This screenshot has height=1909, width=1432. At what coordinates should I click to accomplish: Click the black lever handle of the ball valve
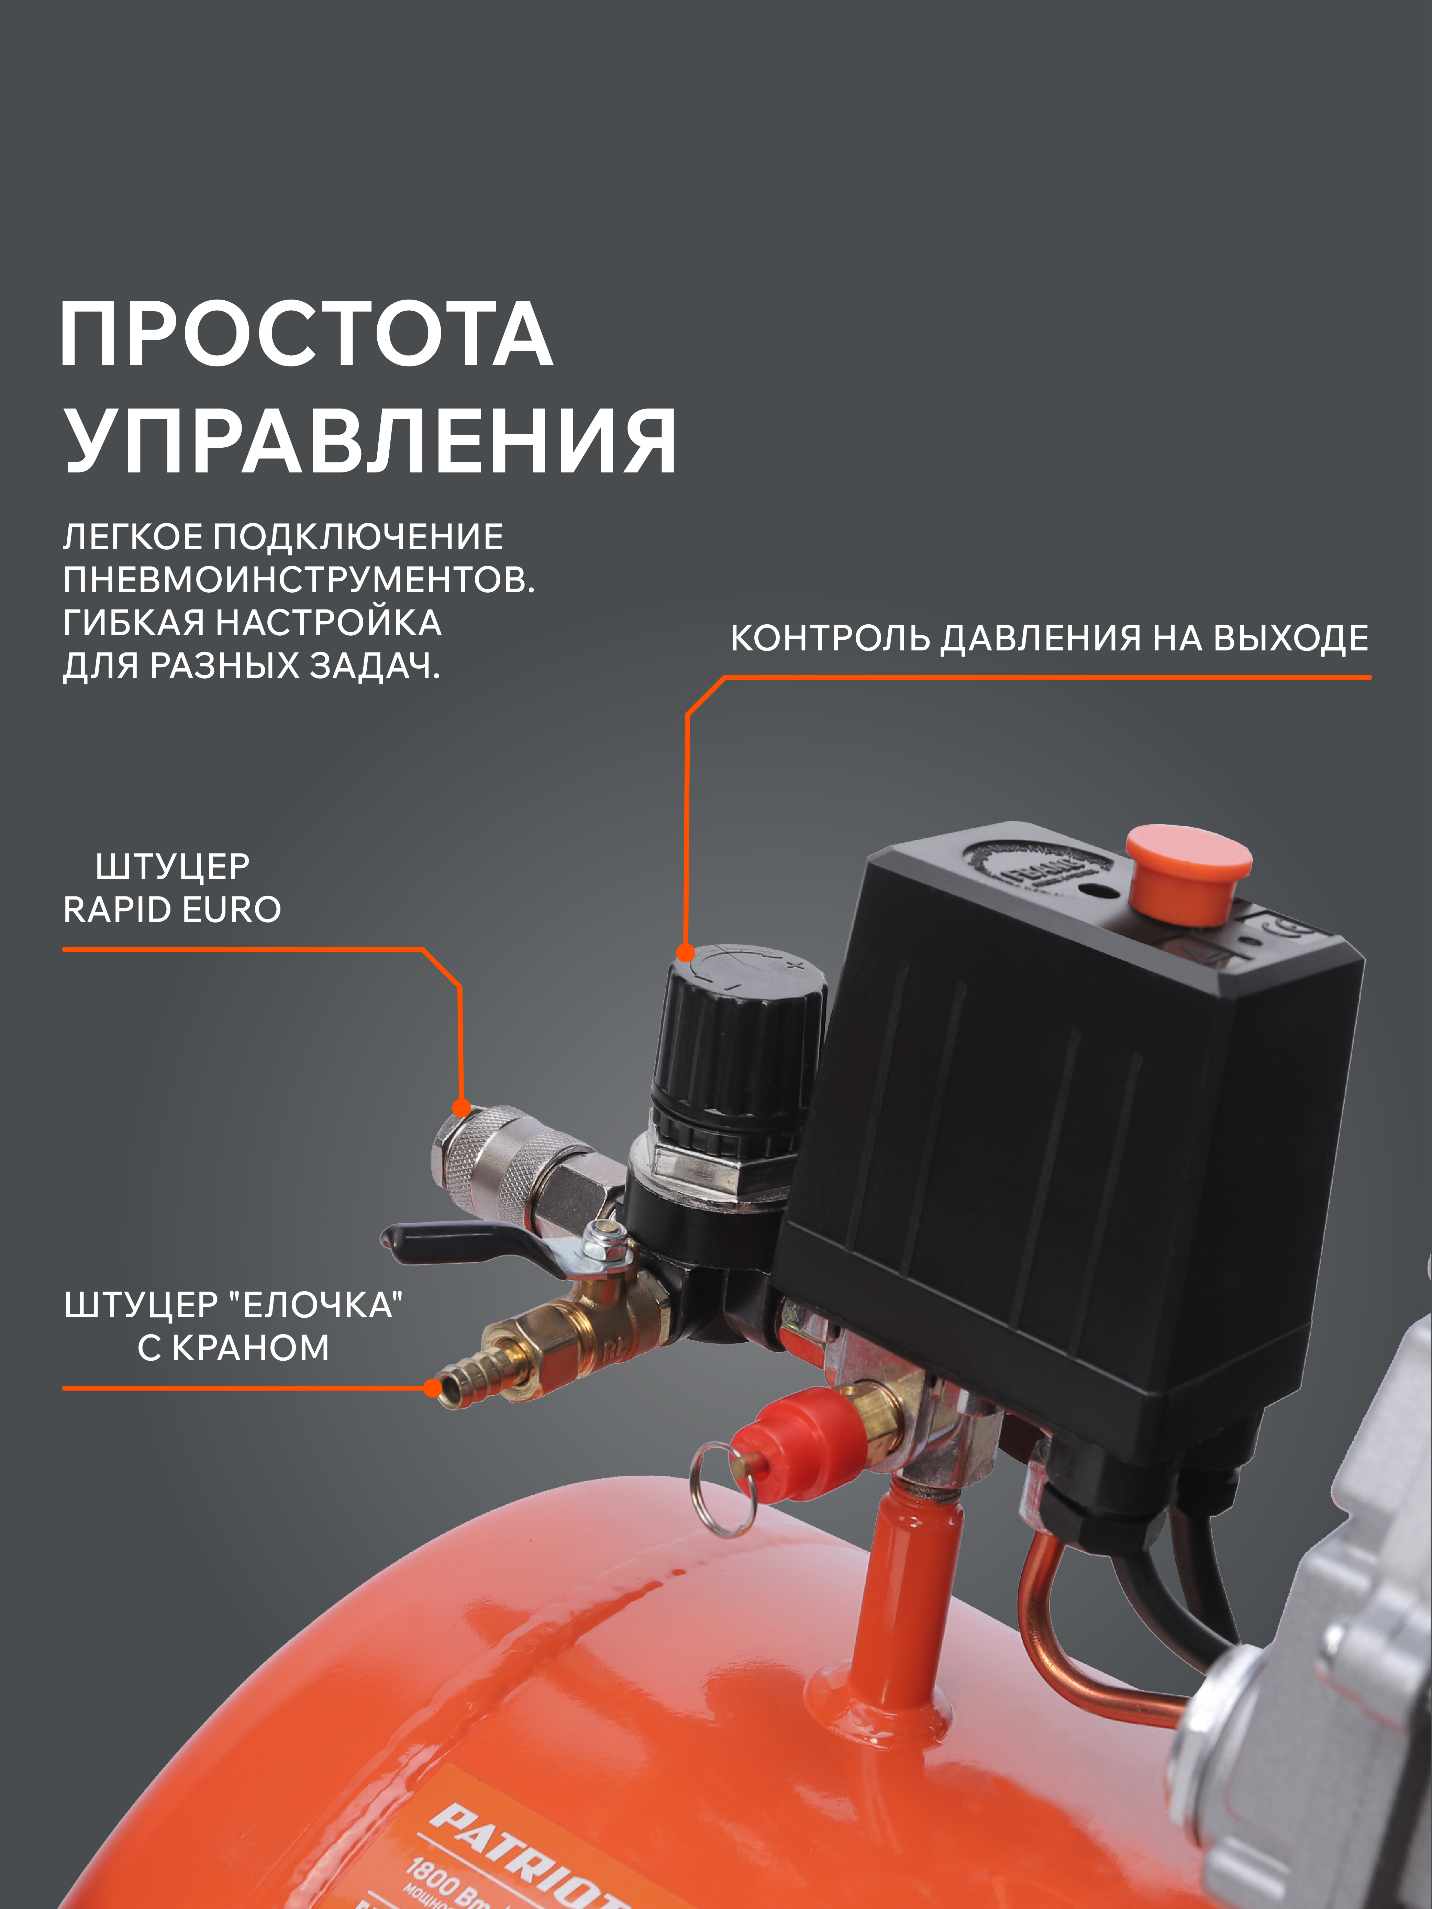(x=457, y=1243)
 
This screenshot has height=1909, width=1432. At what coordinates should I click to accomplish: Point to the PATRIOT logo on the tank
(x=526, y=1855)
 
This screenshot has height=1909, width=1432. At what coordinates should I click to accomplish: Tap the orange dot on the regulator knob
(x=685, y=953)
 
